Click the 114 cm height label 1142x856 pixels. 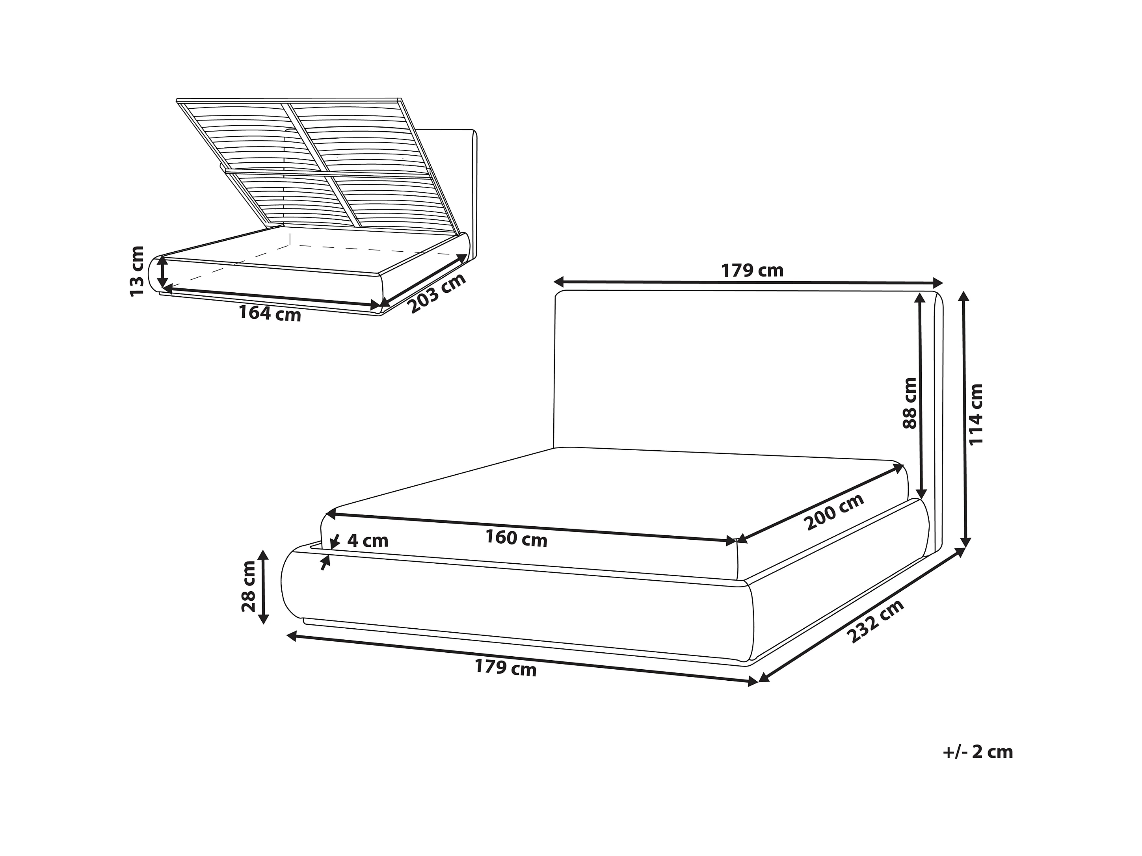click(x=976, y=414)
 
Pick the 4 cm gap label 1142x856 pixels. click(x=367, y=541)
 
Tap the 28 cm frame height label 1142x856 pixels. click(x=248, y=586)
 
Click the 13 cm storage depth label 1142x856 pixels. click(x=136, y=271)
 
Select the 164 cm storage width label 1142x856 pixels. click(x=270, y=313)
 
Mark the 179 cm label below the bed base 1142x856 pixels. click(x=506, y=669)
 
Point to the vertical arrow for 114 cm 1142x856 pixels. click(x=964, y=420)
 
